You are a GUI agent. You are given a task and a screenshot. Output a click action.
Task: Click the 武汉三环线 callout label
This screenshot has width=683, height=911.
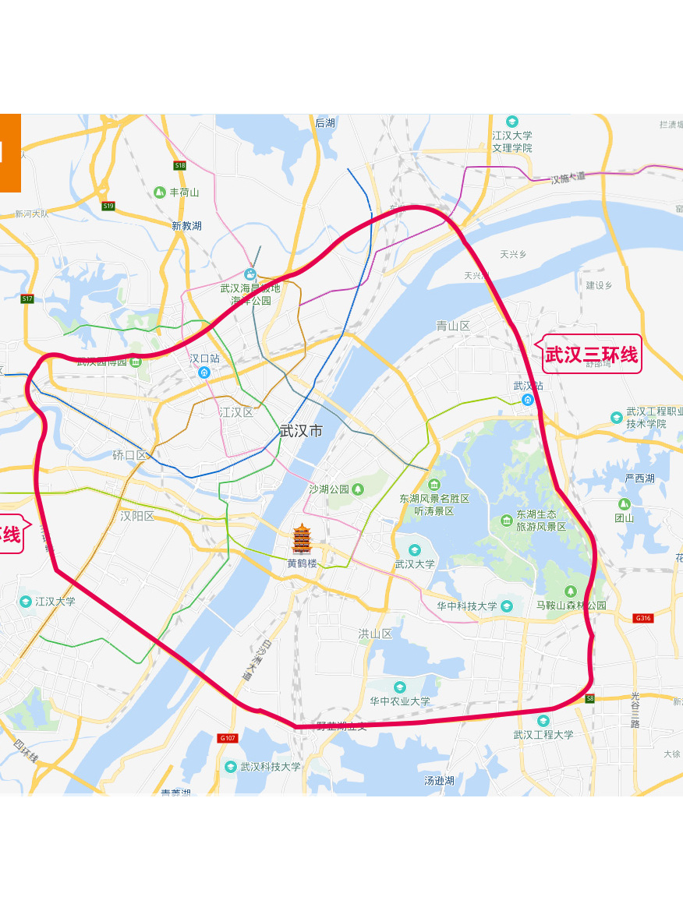pyautogui.click(x=591, y=355)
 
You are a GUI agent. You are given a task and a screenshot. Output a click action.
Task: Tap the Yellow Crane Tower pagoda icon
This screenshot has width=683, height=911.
pyautogui.click(x=302, y=538)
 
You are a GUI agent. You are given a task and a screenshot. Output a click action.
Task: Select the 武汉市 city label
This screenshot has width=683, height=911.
pyautogui.click(x=301, y=431)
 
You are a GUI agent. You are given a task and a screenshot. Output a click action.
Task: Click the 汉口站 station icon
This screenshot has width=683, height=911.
pyautogui.click(x=205, y=373)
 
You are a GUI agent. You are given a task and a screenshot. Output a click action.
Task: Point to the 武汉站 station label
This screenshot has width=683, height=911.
pyautogui.click(x=528, y=386)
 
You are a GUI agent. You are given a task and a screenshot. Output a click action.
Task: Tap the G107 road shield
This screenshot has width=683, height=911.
pyautogui.click(x=228, y=738)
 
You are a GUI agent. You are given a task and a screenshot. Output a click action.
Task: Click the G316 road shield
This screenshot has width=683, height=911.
pyautogui.click(x=642, y=618)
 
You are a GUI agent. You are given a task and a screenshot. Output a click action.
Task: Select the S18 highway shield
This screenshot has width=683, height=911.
pyautogui.click(x=180, y=165)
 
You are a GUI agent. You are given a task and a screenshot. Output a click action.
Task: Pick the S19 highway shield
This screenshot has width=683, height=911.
pyautogui.click(x=108, y=206)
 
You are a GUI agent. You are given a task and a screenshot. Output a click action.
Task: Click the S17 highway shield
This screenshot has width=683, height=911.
pyautogui.click(x=27, y=298)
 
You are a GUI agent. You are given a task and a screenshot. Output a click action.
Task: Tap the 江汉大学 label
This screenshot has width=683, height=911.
pyautogui.click(x=55, y=602)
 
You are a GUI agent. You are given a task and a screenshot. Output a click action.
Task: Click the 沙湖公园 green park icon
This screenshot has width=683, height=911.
pyautogui.click(x=358, y=489)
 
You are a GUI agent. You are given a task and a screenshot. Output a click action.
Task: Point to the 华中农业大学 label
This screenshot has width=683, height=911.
pyautogui.click(x=399, y=701)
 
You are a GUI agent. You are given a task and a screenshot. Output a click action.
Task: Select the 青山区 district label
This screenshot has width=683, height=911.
pyautogui.click(x=453, y=326)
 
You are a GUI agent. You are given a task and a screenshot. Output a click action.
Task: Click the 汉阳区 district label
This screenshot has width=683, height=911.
pyautogui.click(x=137, y=516)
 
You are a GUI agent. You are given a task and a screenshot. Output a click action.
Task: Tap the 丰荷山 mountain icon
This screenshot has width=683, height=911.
pyautogui.click(x=160, y=192)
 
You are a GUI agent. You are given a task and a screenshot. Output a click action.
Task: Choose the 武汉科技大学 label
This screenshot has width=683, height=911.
pyautogui.click(x=270, y=767)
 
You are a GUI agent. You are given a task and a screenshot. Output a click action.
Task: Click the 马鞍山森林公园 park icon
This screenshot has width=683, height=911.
pyautogui.click(x=571, y=591)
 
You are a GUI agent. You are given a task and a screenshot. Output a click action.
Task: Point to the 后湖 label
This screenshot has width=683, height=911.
pyautogui.click(x=325, y=122)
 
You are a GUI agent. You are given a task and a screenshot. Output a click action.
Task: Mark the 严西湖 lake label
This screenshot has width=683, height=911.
pyautogui.click(x=639, y=478)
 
